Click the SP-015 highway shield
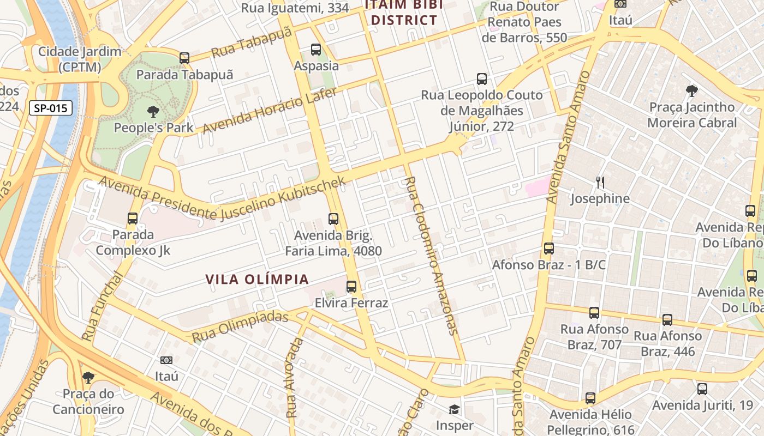point(51,108)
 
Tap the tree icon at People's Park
point(153,112)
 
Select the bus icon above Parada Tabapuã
point(184,58)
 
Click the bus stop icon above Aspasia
point(316,50)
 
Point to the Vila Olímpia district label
point(257,280)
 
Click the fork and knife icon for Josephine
point(600,183)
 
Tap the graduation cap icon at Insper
point(454,409)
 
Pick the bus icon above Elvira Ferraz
point(351,287)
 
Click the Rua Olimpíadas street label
point(240,326)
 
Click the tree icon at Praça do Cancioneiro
point(88,377)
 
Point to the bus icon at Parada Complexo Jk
point(133,219)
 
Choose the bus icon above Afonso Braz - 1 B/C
point(549,249)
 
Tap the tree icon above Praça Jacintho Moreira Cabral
point(692,91)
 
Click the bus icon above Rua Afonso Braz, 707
point(594,313)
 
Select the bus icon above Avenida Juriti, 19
point(702,389)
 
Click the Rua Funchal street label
point(103,306)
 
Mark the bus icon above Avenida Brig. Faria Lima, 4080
point(333,219)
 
